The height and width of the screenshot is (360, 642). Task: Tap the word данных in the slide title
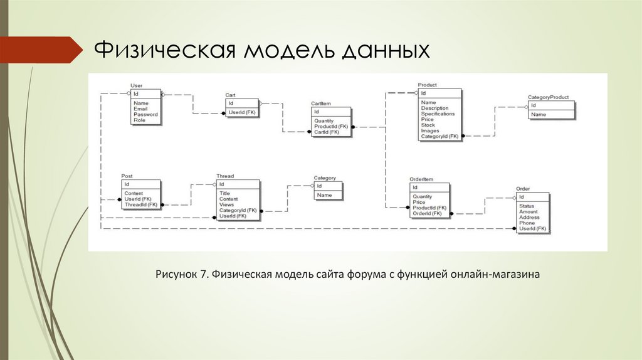[386, 50]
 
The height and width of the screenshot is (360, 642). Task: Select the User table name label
[136, 85]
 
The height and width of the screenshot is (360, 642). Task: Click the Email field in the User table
[140, 109]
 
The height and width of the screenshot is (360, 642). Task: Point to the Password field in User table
[145, 114]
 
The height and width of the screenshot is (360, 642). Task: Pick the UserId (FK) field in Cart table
[242, 112]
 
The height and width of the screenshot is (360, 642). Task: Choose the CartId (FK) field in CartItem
[327, 132]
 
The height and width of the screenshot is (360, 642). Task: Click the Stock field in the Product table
[428, 125]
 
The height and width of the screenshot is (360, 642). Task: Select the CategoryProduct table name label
[548, 97]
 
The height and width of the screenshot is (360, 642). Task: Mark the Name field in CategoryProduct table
[539, 115]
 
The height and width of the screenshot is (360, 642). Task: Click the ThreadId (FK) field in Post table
[141, 204]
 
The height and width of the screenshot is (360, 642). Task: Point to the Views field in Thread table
[226, 204]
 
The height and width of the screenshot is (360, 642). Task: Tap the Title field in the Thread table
[225, 193]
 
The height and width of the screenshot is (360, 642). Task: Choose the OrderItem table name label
[421, 179]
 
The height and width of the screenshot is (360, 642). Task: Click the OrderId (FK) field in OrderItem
[427, 213]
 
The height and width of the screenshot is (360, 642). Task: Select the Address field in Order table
[529, 218]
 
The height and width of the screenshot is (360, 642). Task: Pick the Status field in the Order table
[527, 206]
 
